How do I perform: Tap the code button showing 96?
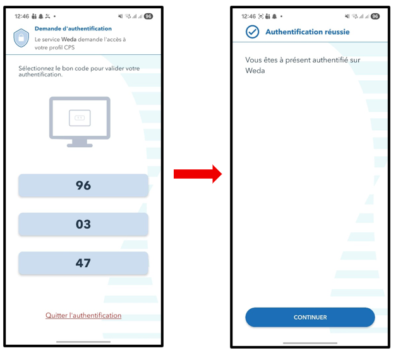click(x=83, y=186)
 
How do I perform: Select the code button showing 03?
click(x=83, y=224)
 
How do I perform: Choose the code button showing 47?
click(x=83, y=263)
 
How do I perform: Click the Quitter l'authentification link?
click(x=83, y=315)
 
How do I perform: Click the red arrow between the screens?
click(x=198, y=174)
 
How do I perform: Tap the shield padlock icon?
click(x=21, y=38)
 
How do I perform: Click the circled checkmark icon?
click(x=252, y=32)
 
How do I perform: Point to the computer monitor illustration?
click(x=80, y=121)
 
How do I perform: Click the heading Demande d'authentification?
click(x=73, y=28)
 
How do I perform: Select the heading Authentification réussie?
click(x=308, y=32)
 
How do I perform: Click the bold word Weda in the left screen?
click(x=69, y=39)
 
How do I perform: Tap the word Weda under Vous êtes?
click(x=255, y=71)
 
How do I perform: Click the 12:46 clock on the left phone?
click(x=22, y=16)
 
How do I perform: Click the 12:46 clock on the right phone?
click(x=248, y=16)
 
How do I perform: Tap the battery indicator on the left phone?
click(x=148, y=16)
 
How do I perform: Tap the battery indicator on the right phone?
click(x=375, y=16)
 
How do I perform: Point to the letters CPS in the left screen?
click(x=69, y=47)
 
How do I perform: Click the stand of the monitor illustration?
click(x=80, y=143)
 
